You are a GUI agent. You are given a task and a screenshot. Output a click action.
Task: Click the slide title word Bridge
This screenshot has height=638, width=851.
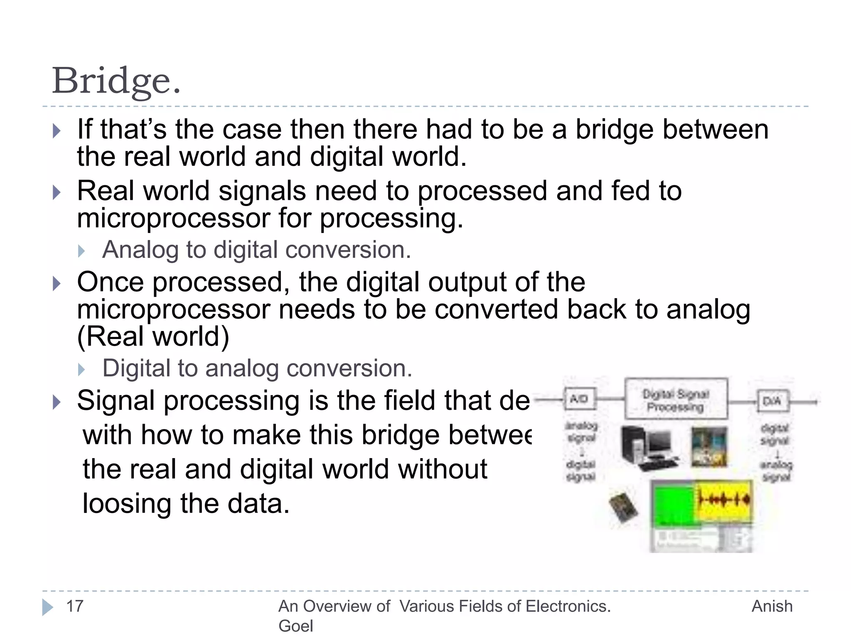click(x=116, y=81)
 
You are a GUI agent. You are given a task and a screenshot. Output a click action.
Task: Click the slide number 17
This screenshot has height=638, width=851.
click(x=75, y=606)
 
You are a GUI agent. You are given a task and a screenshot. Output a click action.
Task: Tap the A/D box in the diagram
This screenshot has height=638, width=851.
click(x=579, y=399)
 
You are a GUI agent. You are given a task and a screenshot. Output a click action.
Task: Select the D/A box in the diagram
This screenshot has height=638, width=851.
click(x=772, y=401)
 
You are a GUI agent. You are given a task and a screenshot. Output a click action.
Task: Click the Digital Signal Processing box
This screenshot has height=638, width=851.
click(x=676, y=399)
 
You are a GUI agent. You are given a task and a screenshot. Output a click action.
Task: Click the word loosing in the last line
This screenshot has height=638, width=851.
click(x=127, y=504)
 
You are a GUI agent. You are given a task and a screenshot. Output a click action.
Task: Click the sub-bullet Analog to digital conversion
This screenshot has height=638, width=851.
click(x=256, y=250)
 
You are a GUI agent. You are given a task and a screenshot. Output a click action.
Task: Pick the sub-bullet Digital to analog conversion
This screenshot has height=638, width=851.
click(x=257, y=368)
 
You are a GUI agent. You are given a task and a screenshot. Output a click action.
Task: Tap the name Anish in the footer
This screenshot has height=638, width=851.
click(x=772, y=606)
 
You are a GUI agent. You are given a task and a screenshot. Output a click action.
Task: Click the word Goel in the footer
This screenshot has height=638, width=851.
click(x=295, y=626)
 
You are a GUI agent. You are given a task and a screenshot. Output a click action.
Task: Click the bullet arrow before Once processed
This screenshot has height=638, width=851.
click(x=57, y=284)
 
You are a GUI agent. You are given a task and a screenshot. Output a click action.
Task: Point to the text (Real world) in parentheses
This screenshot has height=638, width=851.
click(x=153, y=336)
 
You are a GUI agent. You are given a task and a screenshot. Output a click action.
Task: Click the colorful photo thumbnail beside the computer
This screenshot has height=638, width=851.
click(x=709, y=447)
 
